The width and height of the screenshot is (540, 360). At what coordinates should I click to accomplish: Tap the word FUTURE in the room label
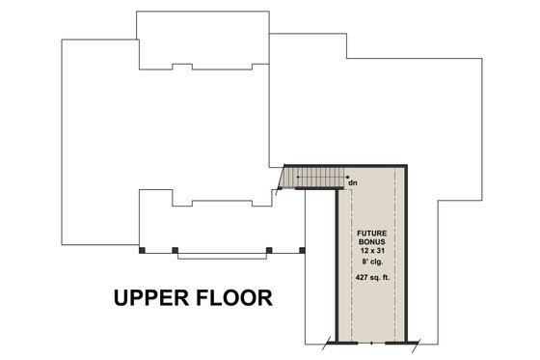point(370,233)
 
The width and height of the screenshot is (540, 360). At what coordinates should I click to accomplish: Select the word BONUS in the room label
point(370,241)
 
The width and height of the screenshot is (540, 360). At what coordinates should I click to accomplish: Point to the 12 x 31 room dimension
point(370,250)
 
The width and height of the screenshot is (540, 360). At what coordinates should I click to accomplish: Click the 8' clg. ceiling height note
point(370,260)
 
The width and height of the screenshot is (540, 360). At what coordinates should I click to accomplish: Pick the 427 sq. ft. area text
point(370,275)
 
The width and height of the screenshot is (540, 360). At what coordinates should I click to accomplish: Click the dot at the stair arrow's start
point(348,177)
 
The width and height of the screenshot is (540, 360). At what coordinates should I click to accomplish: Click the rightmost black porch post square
point(303,250)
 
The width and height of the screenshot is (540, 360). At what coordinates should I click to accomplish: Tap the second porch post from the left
point(175,250)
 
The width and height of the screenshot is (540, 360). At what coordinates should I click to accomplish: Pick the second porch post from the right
point(269,250)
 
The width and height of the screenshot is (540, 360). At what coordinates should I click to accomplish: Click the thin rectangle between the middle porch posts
point(222,255)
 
